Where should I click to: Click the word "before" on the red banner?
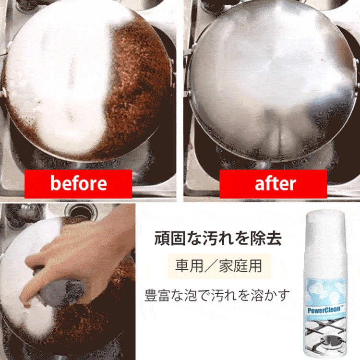(79, 183)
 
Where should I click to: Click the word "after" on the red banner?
(276, 183)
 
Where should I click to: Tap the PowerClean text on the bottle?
(324, 310)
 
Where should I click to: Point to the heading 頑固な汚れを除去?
(218, 238)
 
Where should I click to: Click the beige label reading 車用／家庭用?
(219, 266)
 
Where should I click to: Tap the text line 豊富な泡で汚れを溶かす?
(217, 295)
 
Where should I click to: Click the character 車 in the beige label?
(182, 266)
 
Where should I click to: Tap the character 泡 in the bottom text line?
(190, 295)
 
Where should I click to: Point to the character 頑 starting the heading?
(162, 238)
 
